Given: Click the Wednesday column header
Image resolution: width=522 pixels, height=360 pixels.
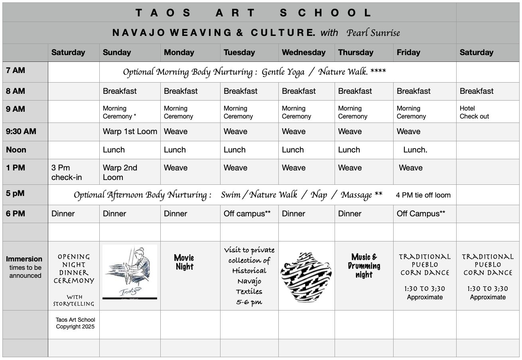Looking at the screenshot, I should (x=303, y=52).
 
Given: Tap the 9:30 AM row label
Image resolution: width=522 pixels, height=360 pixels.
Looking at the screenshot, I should (x=21, y=131).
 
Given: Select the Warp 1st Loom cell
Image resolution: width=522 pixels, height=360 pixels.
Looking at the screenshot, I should (x=130, y=131).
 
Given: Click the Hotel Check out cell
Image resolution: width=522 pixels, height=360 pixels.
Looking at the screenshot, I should (x=474, y=112).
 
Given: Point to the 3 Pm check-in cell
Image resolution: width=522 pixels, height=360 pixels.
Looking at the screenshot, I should (x=67, y=172).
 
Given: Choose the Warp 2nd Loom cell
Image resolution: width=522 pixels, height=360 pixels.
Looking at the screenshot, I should (x=120, y=172).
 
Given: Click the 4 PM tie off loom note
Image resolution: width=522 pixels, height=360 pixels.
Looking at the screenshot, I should (x=423, y=195).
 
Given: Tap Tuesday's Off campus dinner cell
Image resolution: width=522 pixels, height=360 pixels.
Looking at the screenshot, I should (x=247, y=214).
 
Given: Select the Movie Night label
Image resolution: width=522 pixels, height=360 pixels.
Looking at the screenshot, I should (x=184, y=262).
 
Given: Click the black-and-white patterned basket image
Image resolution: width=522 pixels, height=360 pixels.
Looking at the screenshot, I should (x=306, y=277).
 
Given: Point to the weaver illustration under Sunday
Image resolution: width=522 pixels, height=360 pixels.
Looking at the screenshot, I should (x=130, y=271).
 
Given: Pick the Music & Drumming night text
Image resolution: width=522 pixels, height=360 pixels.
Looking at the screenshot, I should (x=364, y=266).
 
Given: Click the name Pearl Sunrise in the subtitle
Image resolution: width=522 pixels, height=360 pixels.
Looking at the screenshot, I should (x=373, y=33).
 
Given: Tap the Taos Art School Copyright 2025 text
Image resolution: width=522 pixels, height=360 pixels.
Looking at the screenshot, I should (x=75, y=323).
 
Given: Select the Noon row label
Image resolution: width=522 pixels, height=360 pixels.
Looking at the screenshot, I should (x=16, y=150).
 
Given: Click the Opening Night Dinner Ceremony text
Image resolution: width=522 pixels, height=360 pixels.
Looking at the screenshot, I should (x=74, y=269).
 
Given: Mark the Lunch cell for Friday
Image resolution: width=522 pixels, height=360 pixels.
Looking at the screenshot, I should (x=415, y=150).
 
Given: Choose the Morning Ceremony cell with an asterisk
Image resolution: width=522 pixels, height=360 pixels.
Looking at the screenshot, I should (x=119, y=112).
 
